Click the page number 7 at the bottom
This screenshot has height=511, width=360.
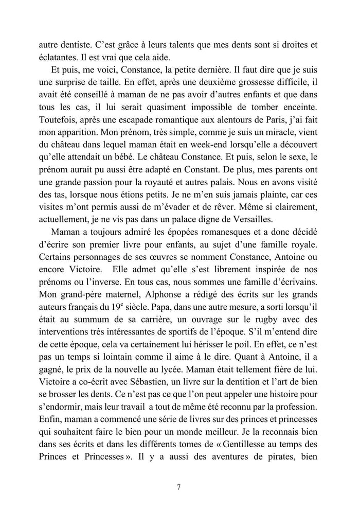178,486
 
